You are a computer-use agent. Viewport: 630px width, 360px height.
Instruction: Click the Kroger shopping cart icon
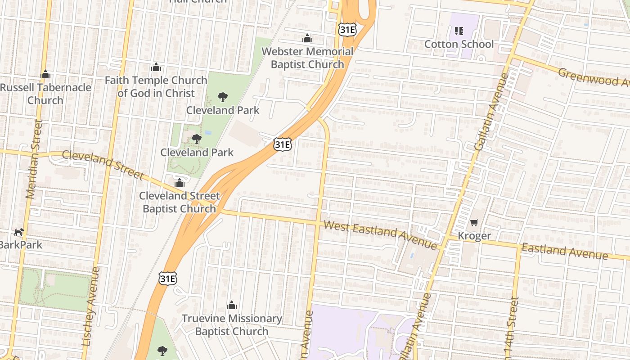pos(474,222)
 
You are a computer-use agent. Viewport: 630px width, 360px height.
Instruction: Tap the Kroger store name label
pos(474,236)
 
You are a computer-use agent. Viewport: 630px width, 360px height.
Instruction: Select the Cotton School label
pos(459,44)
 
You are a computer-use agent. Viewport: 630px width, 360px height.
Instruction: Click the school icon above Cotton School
pos(459,31)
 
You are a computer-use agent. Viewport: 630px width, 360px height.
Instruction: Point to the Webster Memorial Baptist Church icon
pos(307,38)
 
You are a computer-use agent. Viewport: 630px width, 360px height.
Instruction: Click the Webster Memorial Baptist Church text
pos(307,58)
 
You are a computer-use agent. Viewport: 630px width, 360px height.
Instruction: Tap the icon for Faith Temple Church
pos(156,67)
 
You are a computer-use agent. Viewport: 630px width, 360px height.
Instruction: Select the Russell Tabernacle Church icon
pos(45,74)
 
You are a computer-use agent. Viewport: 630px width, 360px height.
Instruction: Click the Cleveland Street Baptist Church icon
pos(180,183)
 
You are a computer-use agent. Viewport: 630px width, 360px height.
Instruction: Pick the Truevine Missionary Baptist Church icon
pos(232,306)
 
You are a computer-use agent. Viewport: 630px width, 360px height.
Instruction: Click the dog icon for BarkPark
pos(19,232)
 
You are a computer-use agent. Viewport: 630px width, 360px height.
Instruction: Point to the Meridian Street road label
pos(34,158)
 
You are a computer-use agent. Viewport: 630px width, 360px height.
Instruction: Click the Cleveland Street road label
pos(103,165)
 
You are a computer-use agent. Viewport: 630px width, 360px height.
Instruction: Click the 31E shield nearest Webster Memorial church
pos(347,30)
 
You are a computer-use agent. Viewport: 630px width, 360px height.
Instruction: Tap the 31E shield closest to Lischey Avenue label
pos(167,279)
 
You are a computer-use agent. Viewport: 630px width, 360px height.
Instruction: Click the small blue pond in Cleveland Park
pos(207,133)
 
